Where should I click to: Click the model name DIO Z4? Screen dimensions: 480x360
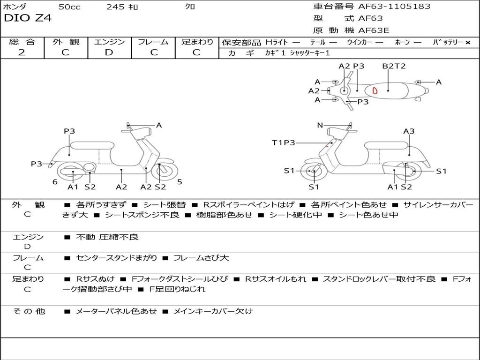click(28, 18)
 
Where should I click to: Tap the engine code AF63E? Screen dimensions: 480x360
click(374, 30)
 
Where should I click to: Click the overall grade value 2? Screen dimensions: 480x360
click(22, 52)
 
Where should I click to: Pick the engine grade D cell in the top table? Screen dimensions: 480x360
click(109, 52)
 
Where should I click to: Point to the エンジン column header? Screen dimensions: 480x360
click(109, 42)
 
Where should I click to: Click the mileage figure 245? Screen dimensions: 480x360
click(115, 7)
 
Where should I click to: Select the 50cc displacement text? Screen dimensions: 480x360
click(69, 7)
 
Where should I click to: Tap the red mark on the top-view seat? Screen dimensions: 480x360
click(375, 90)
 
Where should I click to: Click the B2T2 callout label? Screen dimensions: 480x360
click(394, 66)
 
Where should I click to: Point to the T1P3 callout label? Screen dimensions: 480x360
click(284, 142)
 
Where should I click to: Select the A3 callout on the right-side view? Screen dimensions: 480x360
click(409, 131)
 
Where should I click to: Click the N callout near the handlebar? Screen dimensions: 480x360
click(320, 125)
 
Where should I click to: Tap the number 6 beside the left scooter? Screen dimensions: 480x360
click(55, 182)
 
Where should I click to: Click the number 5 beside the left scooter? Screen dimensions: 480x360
click(180, 182)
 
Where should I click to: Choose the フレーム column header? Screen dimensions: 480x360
click(153, 42)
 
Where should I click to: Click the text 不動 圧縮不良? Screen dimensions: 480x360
click(107, 237)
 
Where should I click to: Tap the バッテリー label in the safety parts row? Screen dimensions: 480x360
click(448, 42)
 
